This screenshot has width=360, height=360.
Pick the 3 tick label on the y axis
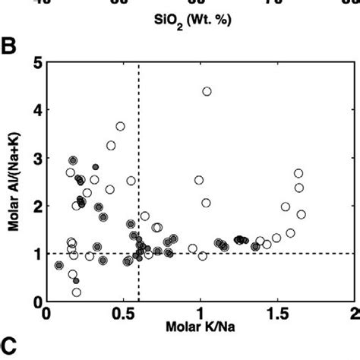coord(37,157)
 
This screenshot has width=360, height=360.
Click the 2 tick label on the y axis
coord(37,206)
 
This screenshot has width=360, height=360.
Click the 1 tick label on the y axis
coord(37,254)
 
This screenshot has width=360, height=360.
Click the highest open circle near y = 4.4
coord(207,91)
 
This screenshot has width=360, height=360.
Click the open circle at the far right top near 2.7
coord(298,173)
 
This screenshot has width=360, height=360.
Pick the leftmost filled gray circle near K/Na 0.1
coord(59,265)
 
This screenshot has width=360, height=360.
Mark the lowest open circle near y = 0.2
coord(77,292)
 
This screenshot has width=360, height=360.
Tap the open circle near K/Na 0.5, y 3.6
coord(120,126)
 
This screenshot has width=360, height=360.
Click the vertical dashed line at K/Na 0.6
coord(139,190)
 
